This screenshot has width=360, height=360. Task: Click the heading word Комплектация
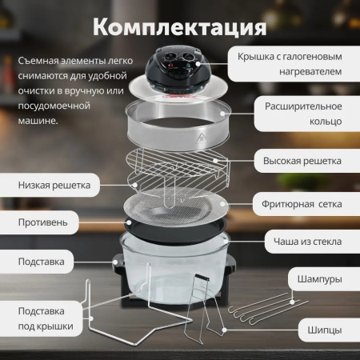pyautogui.click(x=179, y=26)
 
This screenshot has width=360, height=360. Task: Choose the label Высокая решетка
pyautogui.click(x=303, y=160)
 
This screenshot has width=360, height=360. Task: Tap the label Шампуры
pyautogui.click(x=319, y=280)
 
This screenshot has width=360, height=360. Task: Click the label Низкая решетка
pyautogui.click(x=54, y=185)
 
